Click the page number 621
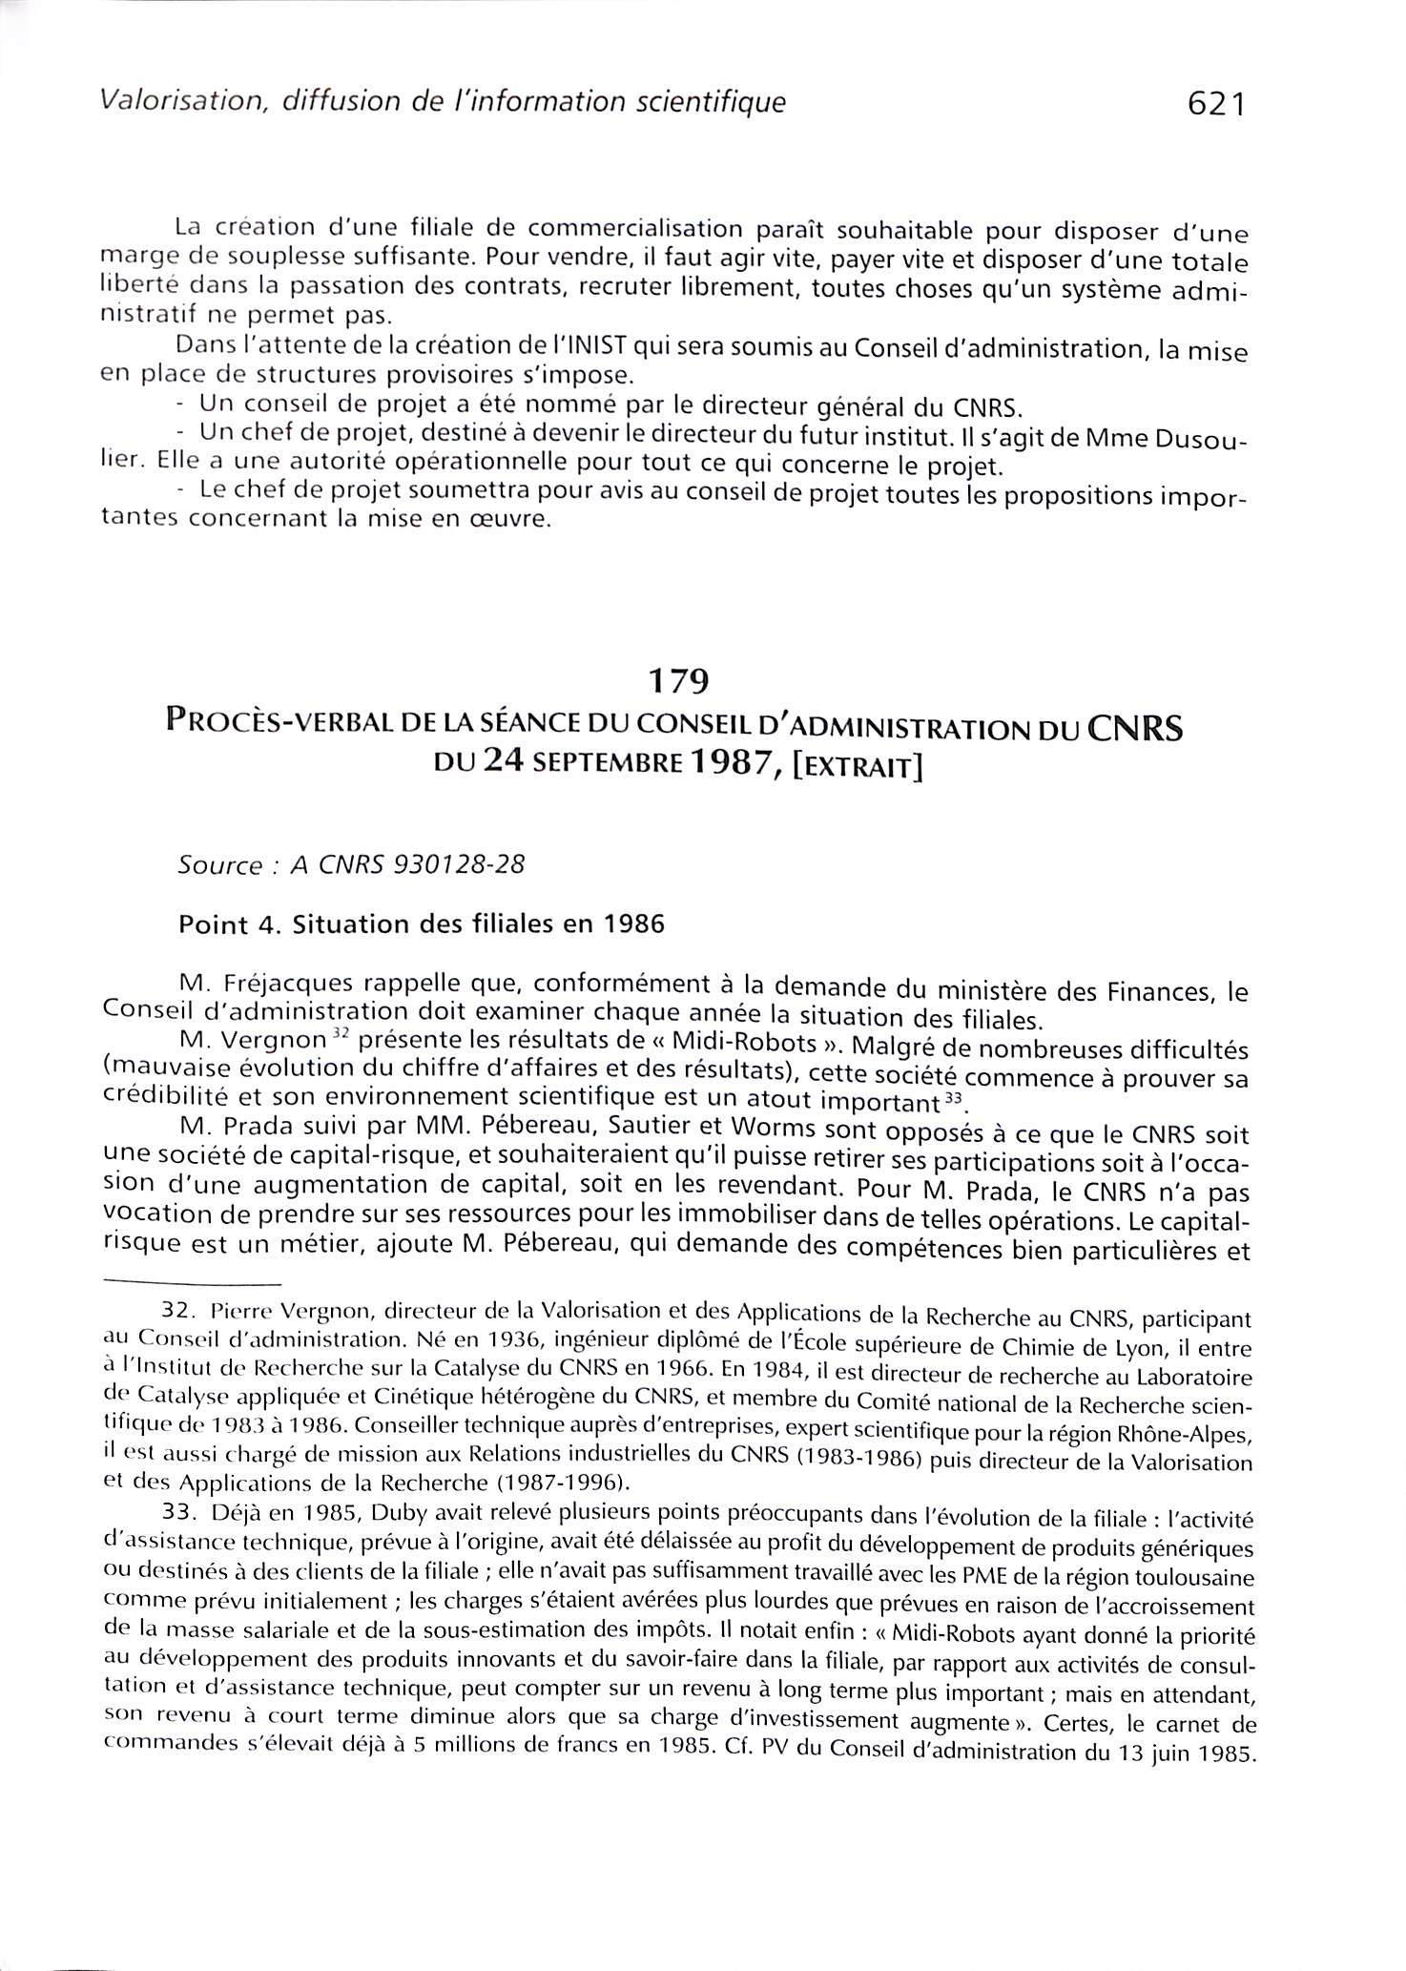tap(1216, 104)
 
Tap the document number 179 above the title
tap(677, 681)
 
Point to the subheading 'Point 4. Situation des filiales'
tap(421, 925)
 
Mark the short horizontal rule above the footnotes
tap(191, 1281)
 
